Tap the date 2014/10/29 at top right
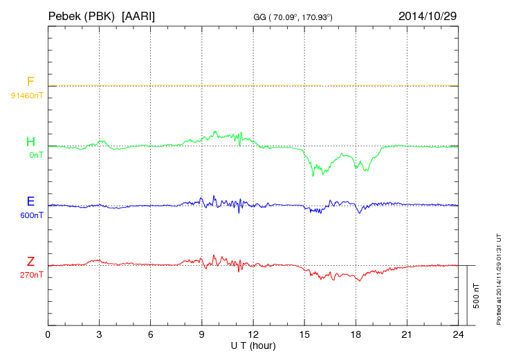click(x=428, y=15)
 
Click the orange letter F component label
click(x=30, y=82)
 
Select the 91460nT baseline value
click(x=27, y=95)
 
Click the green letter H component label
click(x=30, y=143)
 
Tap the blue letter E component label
click(x=30, y=202)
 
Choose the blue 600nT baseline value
click(x=30, y=215)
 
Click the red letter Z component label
click(x=30, y=262)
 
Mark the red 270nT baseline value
click(x=30, y=274)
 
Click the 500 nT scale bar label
click(x=477, y=296)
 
